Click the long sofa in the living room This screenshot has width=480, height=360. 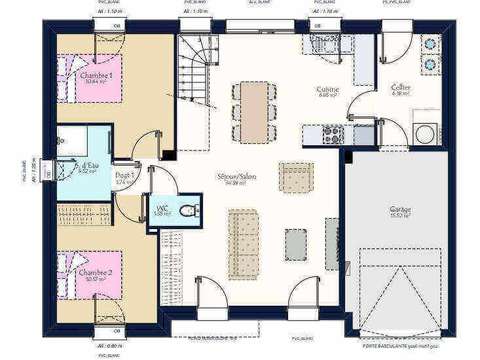240,241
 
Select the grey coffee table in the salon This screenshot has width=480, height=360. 296,244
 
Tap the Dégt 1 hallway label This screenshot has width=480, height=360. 125,178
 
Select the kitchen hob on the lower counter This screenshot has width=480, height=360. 331,131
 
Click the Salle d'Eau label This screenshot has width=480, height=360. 87,168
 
